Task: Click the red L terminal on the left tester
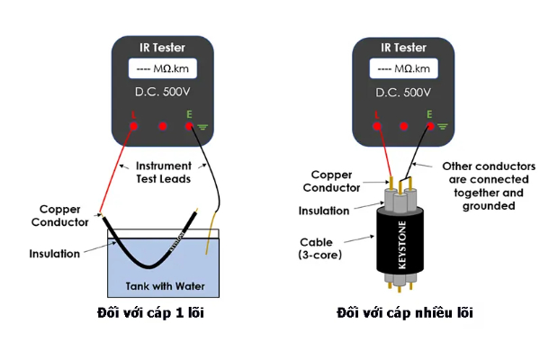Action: [x=133, y=127]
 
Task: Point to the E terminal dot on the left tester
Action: [x=190, y=127]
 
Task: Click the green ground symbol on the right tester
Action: [x=442, y=127]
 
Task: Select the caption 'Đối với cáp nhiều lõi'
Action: [x=405, y=313]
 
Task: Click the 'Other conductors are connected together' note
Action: [x=482, y=185]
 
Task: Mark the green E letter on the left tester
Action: [x=190, y=113]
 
